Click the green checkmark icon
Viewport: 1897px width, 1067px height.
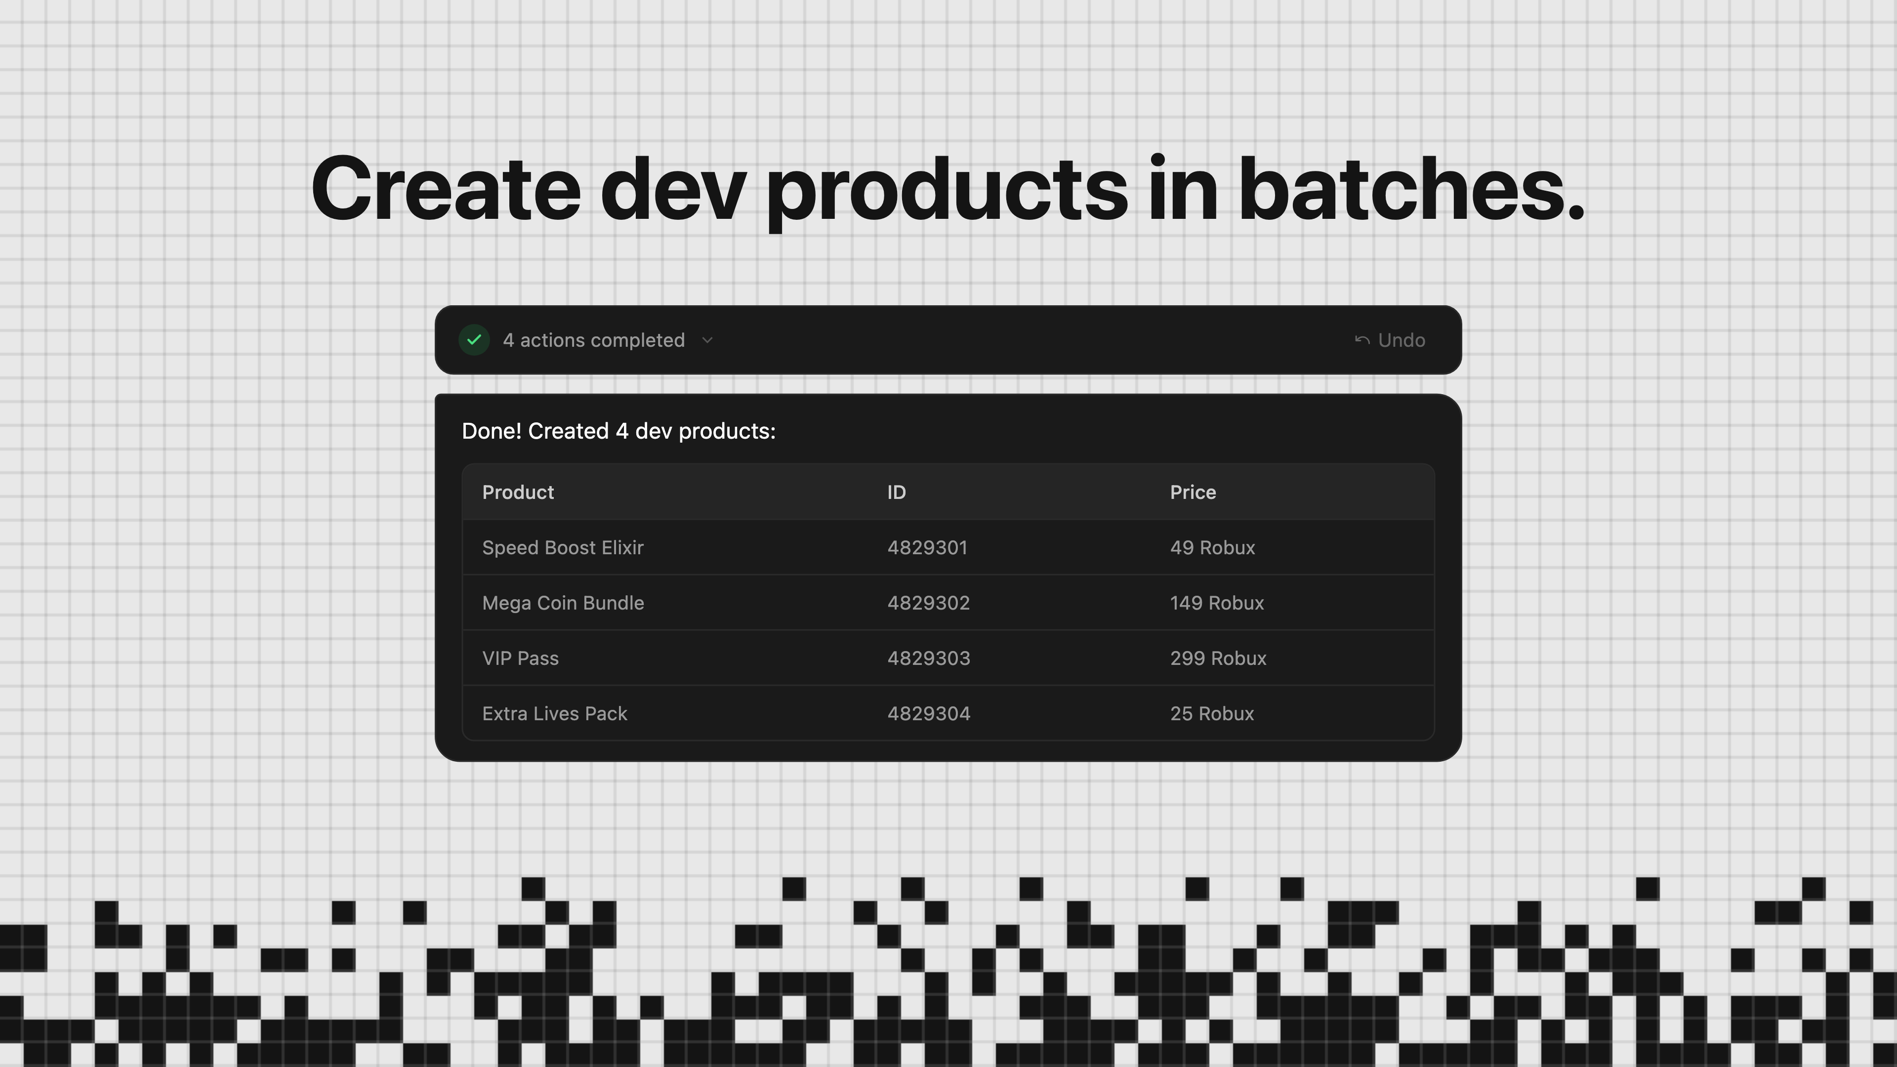[474, 340]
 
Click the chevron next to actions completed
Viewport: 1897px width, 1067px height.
[708, 340]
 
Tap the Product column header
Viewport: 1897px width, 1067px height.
[518, 492]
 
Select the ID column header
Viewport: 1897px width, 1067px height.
[896, 492]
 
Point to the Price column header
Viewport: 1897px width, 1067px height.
[1193, 492]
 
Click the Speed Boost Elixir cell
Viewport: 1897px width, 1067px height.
[563, 548]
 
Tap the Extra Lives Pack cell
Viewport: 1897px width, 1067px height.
[554, 713]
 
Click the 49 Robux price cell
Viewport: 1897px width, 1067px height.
[1212, 548]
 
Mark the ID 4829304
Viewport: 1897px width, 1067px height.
[929, 713]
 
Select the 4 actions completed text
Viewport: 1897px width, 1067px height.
[593, 340]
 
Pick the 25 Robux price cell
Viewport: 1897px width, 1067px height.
[1211, 713]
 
